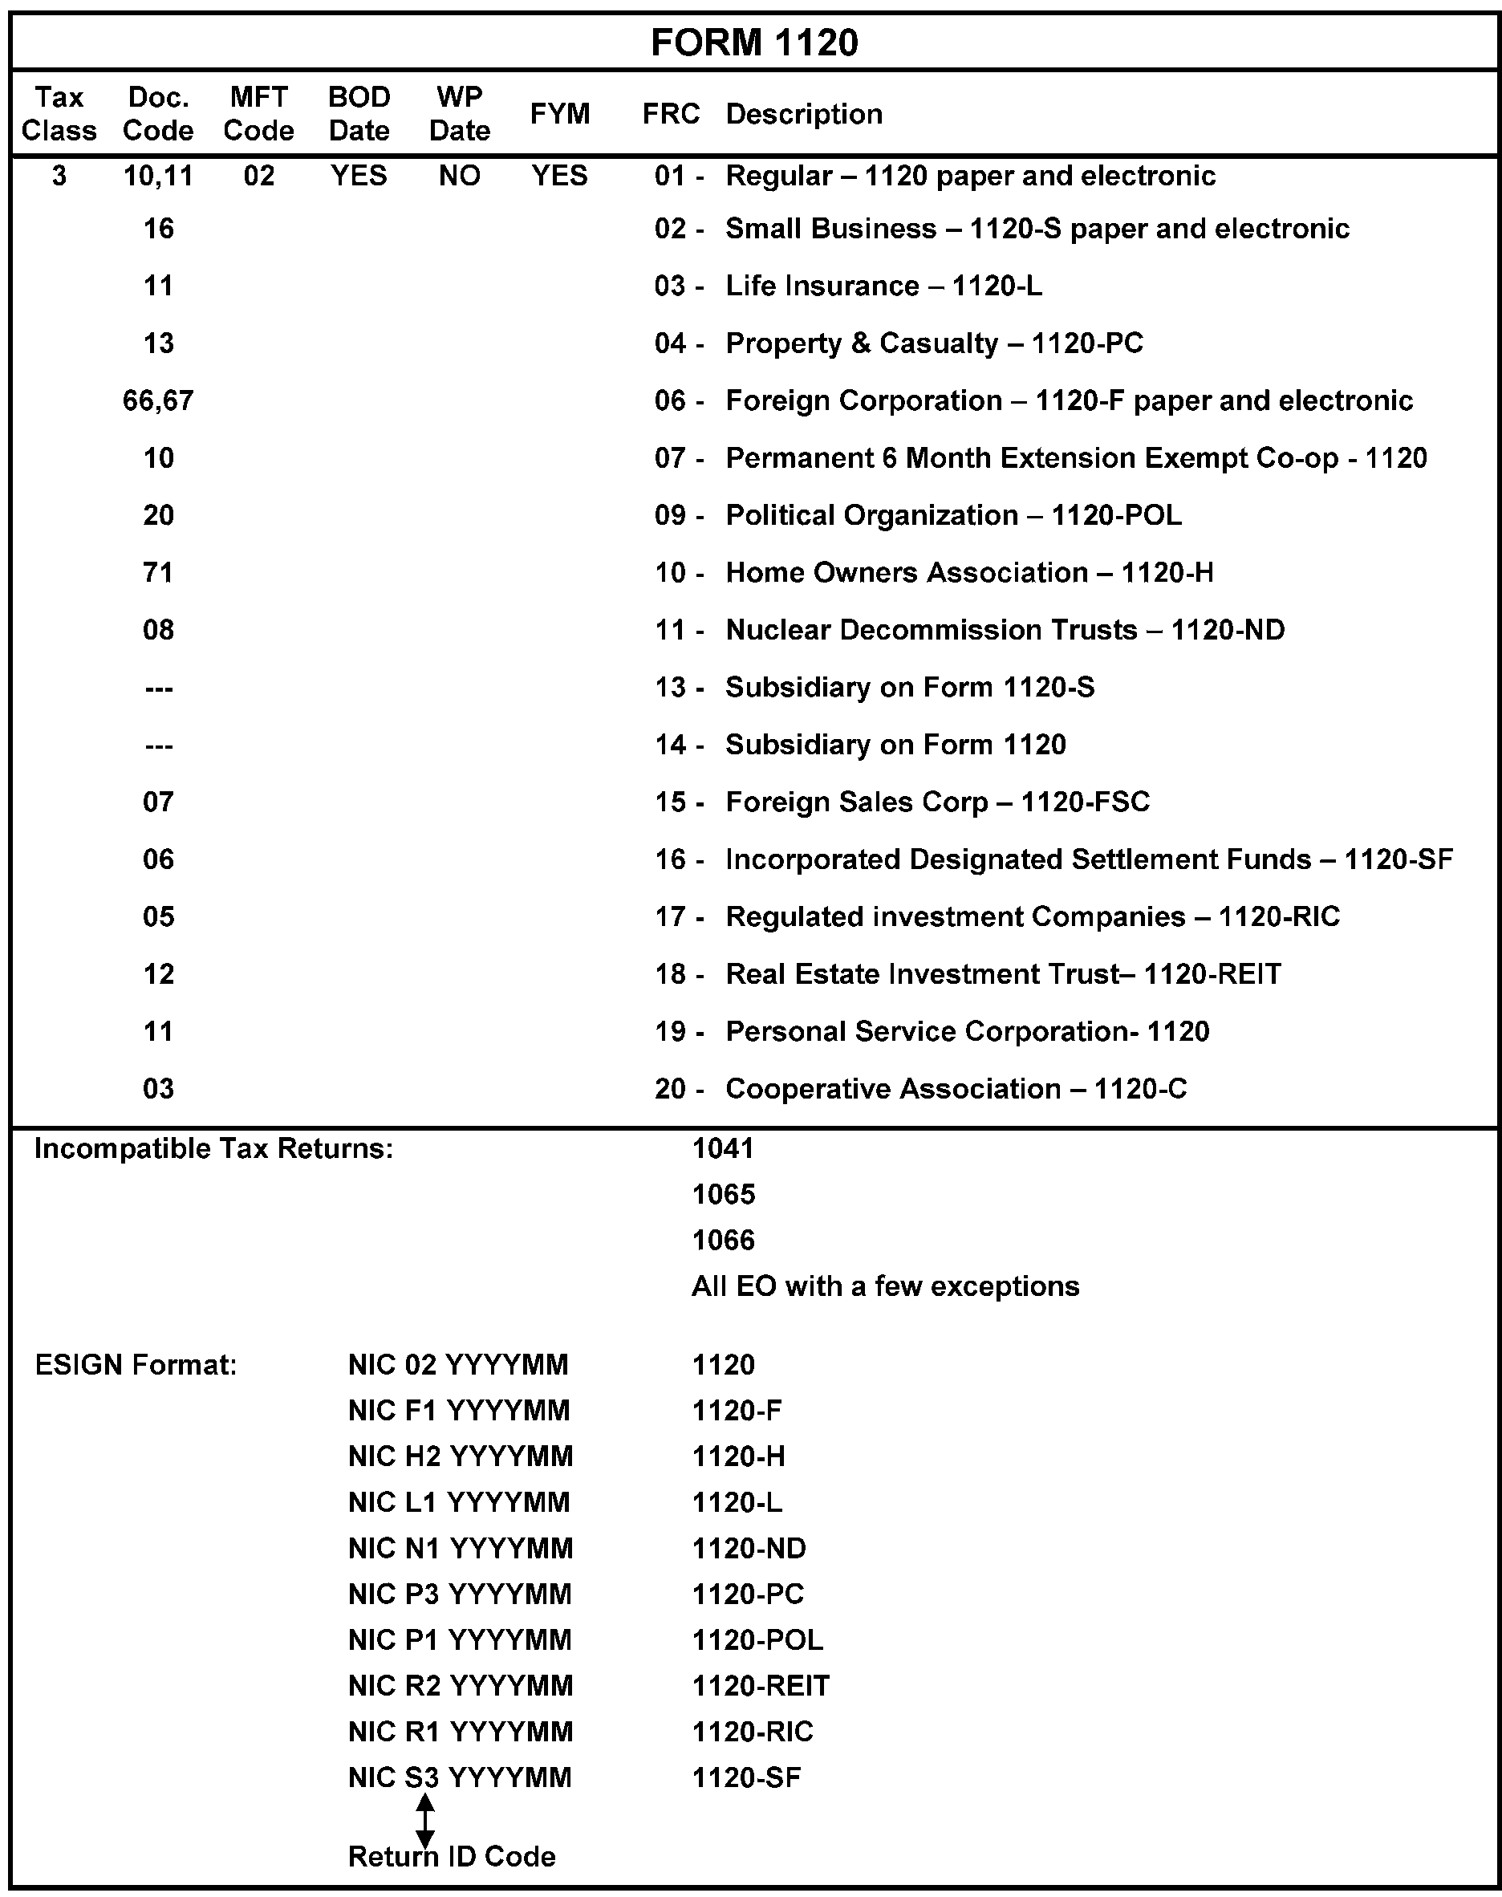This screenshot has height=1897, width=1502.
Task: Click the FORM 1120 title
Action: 753,43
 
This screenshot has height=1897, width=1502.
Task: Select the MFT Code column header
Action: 258,113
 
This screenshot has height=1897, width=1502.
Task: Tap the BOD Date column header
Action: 359,113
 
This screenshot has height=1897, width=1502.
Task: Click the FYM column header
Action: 559,113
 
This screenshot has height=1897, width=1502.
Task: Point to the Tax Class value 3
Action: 59,176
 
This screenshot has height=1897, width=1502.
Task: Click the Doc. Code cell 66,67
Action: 158,401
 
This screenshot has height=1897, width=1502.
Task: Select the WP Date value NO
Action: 459,176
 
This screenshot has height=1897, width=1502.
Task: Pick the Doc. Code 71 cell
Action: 158,572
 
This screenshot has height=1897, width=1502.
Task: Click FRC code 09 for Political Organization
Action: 670,515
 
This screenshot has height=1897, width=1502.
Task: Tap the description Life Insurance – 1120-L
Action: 883,286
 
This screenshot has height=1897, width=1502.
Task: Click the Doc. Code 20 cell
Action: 158,515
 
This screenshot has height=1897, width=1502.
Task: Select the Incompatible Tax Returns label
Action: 213,1148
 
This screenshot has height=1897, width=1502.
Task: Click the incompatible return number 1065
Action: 724,1194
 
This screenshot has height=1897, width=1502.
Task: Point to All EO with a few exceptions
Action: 885,1286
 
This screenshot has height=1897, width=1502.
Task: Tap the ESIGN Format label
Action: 136,1365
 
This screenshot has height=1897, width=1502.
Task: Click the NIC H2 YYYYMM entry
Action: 460,1456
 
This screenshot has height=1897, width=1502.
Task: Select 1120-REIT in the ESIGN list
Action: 761,1686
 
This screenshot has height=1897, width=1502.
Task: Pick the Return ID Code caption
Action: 452,1857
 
